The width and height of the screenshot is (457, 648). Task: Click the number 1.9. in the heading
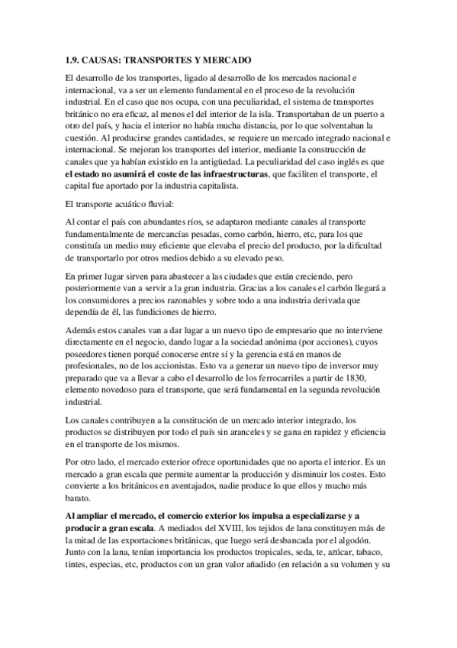point(73,60)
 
